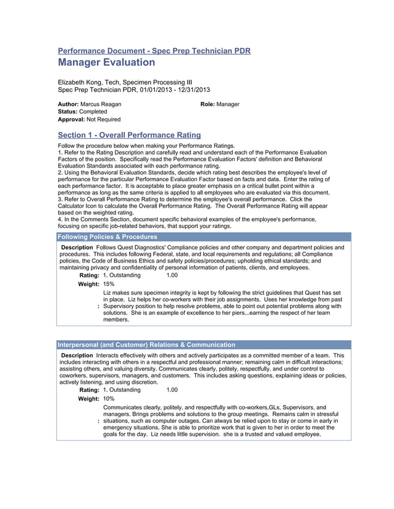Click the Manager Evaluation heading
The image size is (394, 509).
(106, 62)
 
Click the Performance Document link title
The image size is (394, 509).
(154, 51)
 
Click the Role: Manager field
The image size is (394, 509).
(220, 104)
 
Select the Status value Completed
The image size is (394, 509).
(93, 112)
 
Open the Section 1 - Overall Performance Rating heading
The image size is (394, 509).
(129, 135)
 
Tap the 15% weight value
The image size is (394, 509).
(109, 284)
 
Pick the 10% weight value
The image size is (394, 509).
(109, 399)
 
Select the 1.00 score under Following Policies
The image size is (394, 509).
(172, 275)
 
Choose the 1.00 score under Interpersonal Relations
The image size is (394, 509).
(172, 390)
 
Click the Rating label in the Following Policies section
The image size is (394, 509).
(89, 275)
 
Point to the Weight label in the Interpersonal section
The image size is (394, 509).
(88, 399)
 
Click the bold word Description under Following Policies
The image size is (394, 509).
(77, 247)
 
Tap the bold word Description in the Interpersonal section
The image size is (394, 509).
(77, 356)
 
